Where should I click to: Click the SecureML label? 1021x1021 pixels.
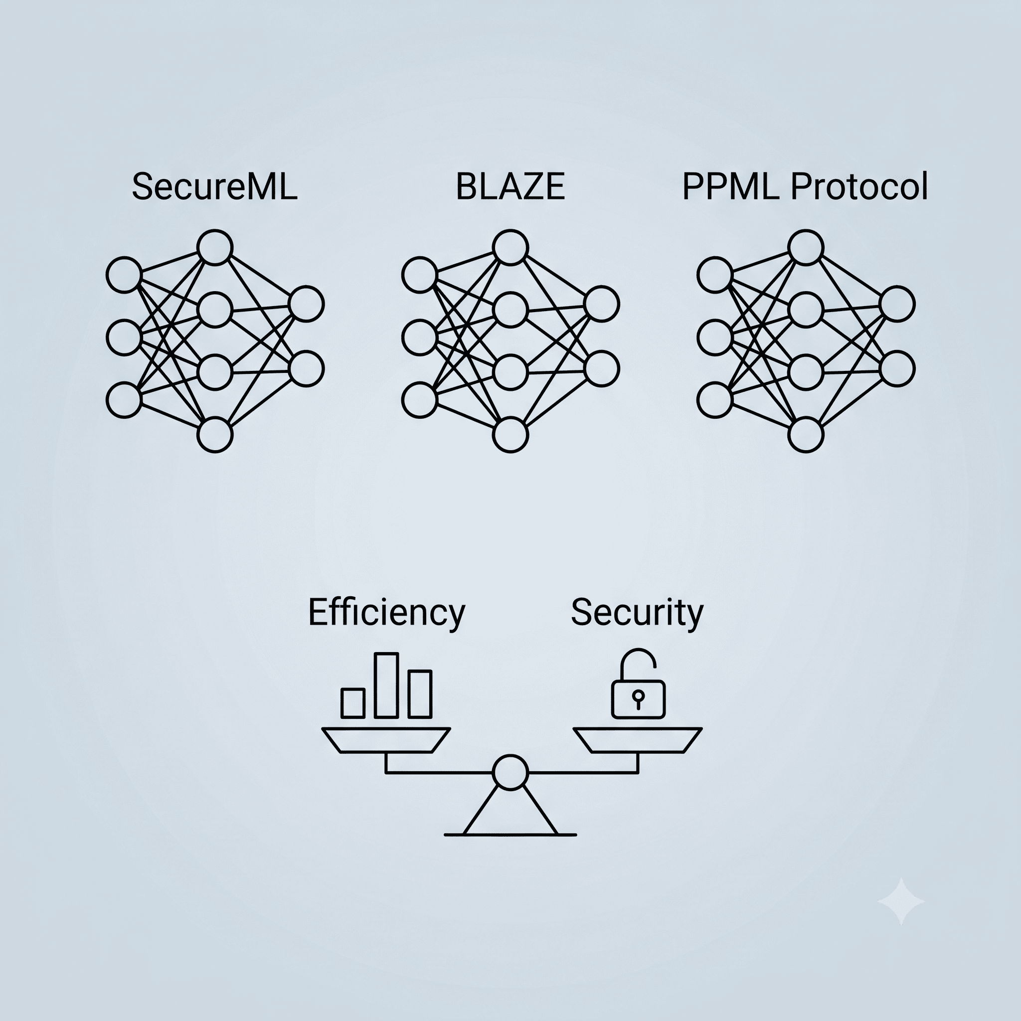tap(214, 186)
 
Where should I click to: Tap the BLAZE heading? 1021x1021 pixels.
tap(510, 186)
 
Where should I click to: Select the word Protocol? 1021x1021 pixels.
tap(859, 186)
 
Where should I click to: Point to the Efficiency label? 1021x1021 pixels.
tap(387, 613)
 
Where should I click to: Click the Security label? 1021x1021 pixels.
tap(637, 613)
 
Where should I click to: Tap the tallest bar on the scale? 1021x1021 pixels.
tap(386, 685)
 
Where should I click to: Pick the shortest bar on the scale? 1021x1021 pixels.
tap(353, 703)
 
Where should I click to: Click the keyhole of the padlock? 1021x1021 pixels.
tap(639, 699)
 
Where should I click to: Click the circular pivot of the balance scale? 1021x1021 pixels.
tap(510, 773)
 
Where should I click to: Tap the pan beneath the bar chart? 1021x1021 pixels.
tap(386, 740)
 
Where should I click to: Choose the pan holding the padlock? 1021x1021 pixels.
tap(638, 740)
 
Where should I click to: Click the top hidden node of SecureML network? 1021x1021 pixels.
tap(214, 247)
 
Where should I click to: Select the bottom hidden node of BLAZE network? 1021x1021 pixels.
tap(510, 435)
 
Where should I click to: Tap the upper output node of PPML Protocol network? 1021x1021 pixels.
tap(897, 304)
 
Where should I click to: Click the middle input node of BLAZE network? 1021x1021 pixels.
tap(420, 337)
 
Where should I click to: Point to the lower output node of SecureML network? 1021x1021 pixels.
tap(307, 369)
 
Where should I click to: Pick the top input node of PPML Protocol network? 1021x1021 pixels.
tap(715, 275)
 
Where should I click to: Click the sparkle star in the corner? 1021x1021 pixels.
tap(901, 901)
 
